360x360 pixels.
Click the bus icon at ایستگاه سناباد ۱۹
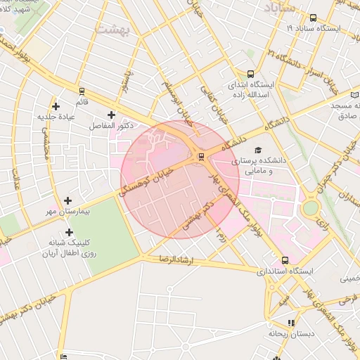pos(313,18)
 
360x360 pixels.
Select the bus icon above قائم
pos(82,91)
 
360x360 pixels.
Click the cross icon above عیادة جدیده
pos(56,106)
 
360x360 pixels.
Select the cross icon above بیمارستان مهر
pos(68,201)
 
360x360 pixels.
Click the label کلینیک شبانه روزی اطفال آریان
pos(67,247)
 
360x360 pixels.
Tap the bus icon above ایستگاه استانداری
pos(284,259)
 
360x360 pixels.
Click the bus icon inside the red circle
pos(202,156)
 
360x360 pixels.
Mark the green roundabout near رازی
pos(310,208)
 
